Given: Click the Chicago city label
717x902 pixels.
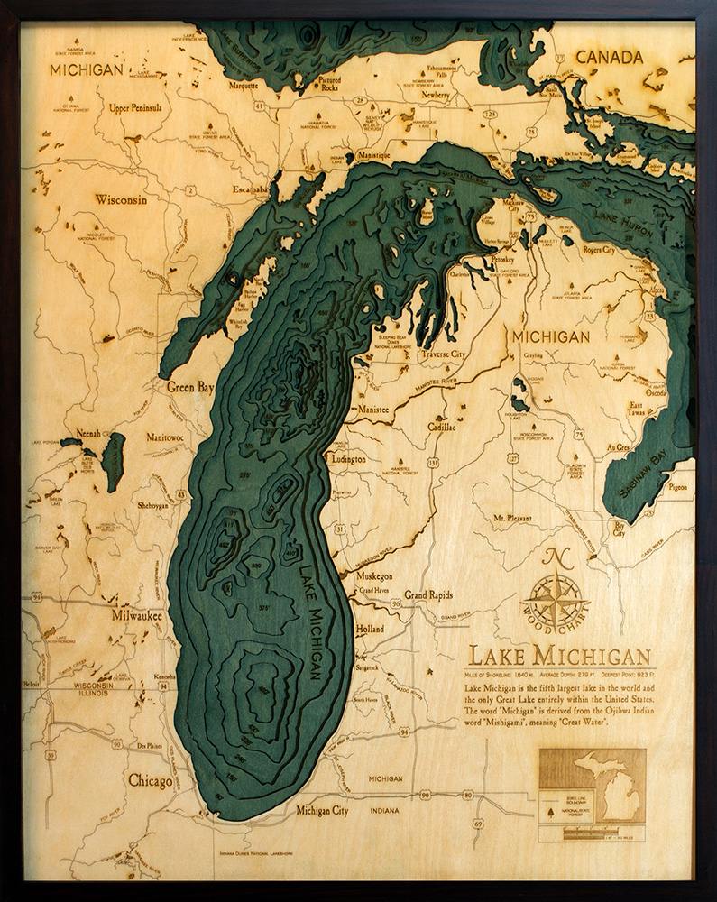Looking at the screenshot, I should [150, 781].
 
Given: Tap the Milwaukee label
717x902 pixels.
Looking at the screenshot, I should [137, 616].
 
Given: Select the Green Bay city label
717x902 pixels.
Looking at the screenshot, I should [190, 387].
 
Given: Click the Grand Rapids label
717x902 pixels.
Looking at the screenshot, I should [428, 595].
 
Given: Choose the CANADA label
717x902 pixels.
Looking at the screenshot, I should [610, 58].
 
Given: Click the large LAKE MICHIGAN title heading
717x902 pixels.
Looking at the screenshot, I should [559, 656].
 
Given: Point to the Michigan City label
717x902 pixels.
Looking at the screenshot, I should [322, 811].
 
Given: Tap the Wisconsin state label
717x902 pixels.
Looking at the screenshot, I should [121, 200].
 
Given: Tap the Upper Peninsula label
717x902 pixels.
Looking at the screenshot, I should [135, 107].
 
